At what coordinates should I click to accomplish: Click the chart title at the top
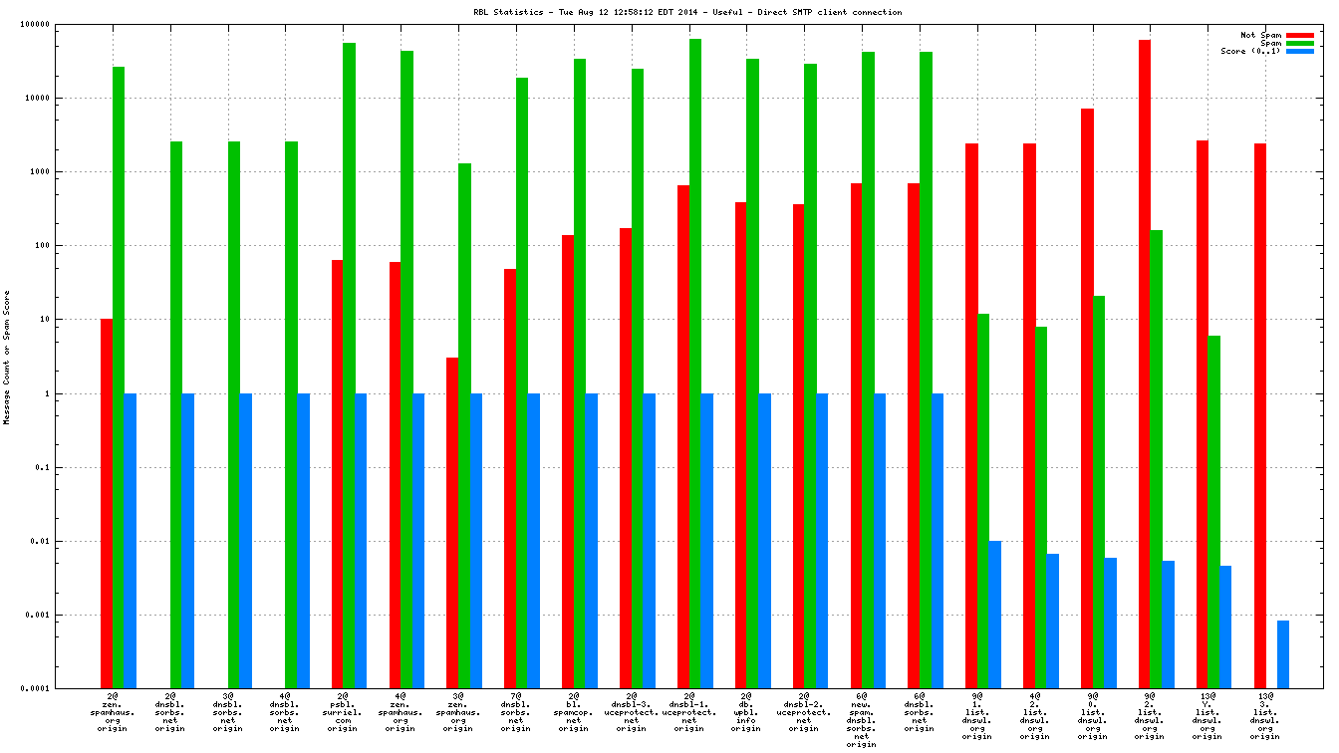pos(687,12)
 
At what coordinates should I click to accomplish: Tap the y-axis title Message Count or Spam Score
pos(7,358)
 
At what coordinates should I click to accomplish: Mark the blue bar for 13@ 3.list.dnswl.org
pos(1283,653)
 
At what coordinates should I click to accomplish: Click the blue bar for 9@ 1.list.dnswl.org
pos(995,614)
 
